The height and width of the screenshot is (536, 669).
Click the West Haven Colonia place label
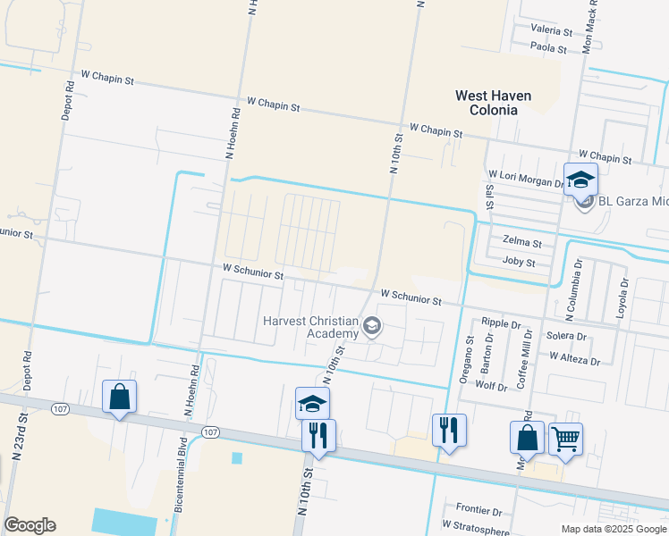coord(493,103)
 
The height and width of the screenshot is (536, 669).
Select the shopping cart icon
coord(565,439)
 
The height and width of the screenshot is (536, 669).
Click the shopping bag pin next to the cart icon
coord(527,437)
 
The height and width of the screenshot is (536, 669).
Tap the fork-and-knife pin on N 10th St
coord(318,435)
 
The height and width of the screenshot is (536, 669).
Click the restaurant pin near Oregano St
coord(449,430)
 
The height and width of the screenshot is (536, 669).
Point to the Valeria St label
coord(551,30)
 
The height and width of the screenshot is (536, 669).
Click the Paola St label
coord(550,46)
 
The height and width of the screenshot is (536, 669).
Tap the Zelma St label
coord(522,242)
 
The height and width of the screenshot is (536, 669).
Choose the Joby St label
coord(519,263)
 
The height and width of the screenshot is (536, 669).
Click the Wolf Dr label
coord(491,385)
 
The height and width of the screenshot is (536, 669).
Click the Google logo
coord(30,525)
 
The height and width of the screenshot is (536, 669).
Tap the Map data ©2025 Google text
coord(613,529)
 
